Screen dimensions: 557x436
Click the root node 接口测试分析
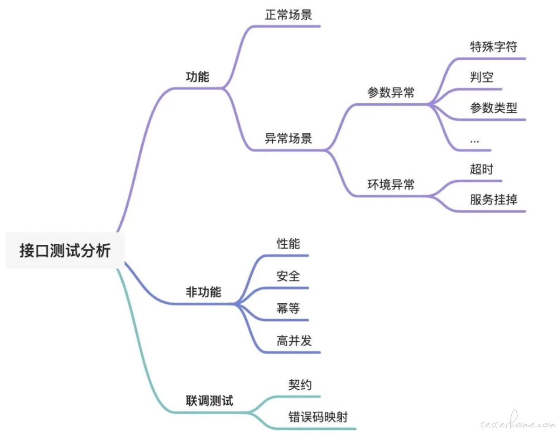(65, 251)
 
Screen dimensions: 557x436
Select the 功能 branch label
(197, 77)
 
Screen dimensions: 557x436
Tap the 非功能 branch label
(203, 292)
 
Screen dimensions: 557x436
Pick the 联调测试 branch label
(209, 401)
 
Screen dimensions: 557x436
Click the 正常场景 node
(288, 15)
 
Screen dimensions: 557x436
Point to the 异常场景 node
(288, 138)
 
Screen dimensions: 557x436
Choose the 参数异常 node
(391, 92)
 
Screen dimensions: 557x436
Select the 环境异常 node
(391, 184)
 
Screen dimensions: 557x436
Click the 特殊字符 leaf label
(494, 47)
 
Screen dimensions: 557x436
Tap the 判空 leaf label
(482, 77)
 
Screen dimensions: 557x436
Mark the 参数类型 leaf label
(494, 108)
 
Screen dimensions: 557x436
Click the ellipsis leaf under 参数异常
(475, 141)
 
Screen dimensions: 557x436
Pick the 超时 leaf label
(482, 169)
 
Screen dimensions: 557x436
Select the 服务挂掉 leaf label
(494, 199)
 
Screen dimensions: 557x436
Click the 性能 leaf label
(288, 243)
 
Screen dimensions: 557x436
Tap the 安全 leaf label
(288, 276)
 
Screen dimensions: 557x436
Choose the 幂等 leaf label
(288, 308)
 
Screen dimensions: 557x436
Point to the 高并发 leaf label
(294, 341)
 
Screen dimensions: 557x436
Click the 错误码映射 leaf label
(318, 417)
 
